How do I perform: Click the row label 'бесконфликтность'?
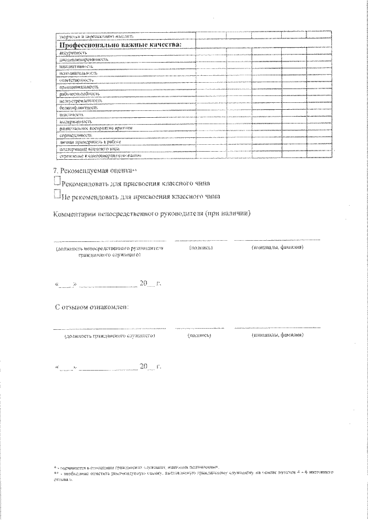click(78, 107)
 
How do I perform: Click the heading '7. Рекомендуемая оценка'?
click(95, 171)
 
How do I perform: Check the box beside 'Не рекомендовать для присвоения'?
click(56, 195)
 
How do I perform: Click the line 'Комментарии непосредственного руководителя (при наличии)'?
click(153, 214)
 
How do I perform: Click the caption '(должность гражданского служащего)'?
click(109, 335)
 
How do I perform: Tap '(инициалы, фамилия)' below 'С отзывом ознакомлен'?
click(277, 334)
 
